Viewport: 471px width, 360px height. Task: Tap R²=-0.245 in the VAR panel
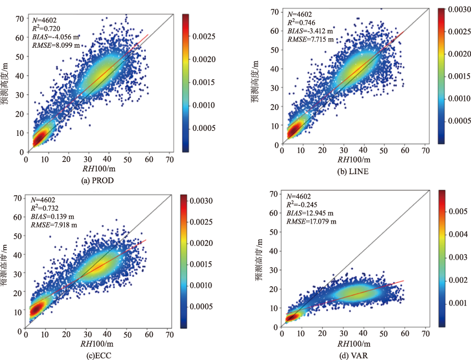click(x=304, y=205)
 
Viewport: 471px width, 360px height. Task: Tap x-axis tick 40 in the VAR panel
click(x=364, y=335)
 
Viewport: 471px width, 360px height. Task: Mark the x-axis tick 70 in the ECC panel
click(x=168, y=335)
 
